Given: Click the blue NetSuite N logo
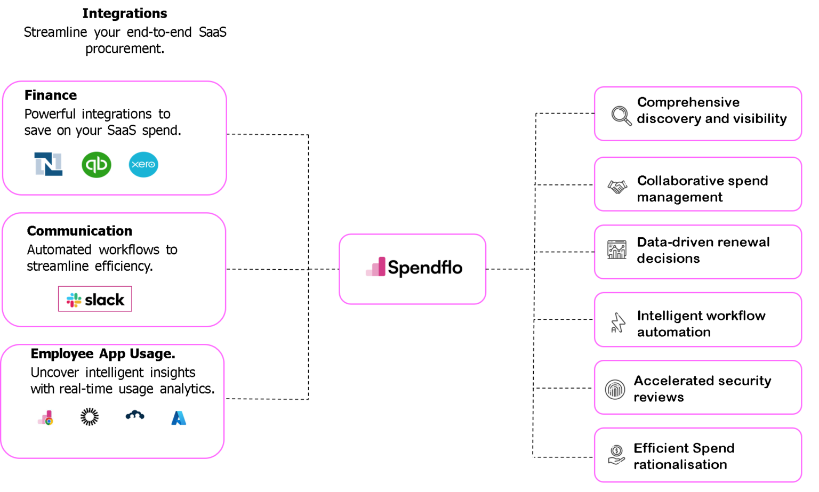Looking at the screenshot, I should pos(48,164).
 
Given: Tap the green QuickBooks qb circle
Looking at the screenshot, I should pos(97,165).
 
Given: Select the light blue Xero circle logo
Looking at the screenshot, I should pos(143,165).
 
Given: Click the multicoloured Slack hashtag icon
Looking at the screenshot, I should pos(74,300).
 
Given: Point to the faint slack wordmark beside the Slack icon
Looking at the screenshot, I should pos(107,300).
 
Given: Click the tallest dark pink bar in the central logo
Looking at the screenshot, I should pos(382,267).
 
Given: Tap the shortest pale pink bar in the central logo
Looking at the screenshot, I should pos(368,273).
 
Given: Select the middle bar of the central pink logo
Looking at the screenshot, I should pos(375,270).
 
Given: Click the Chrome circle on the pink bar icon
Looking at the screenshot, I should pos(49,422).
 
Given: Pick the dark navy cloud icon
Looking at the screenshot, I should pos(135,414).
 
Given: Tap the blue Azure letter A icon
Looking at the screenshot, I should pos(179,418).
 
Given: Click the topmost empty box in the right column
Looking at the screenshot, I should pos(697,114).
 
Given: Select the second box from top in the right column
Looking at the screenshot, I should pos(697,184).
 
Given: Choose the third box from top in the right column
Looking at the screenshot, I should pos(697,252).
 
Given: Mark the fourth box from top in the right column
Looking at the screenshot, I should pos(697,319).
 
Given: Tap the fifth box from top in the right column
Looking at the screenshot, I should pos(697,388).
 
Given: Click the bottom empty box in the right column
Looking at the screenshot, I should pos(697,455).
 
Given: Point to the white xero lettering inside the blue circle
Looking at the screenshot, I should pos(143,165).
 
